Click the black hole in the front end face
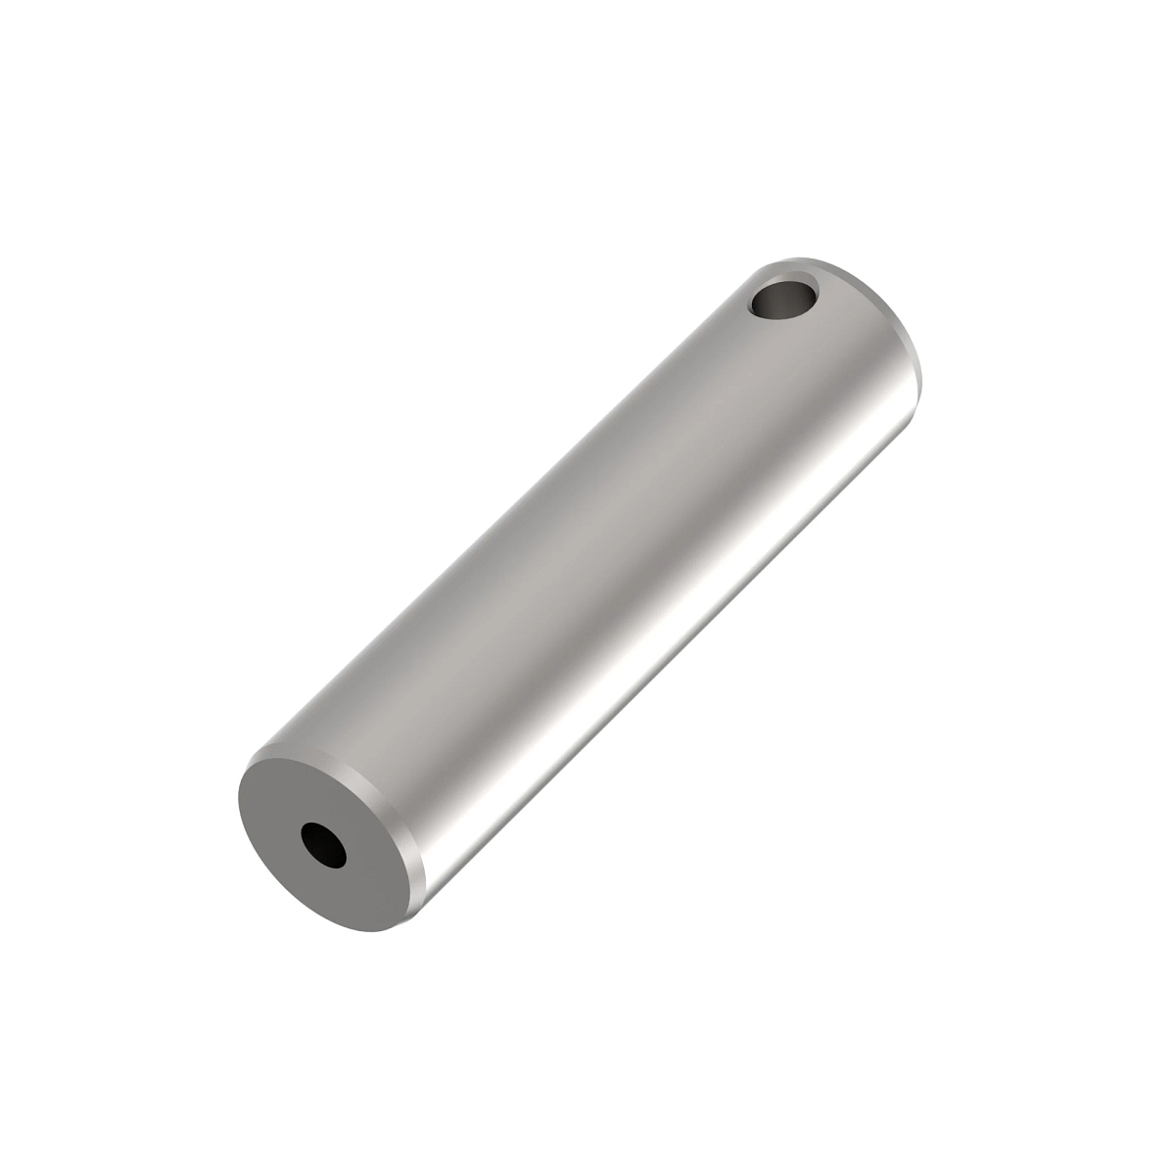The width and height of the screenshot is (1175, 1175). tap(323, 845)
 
